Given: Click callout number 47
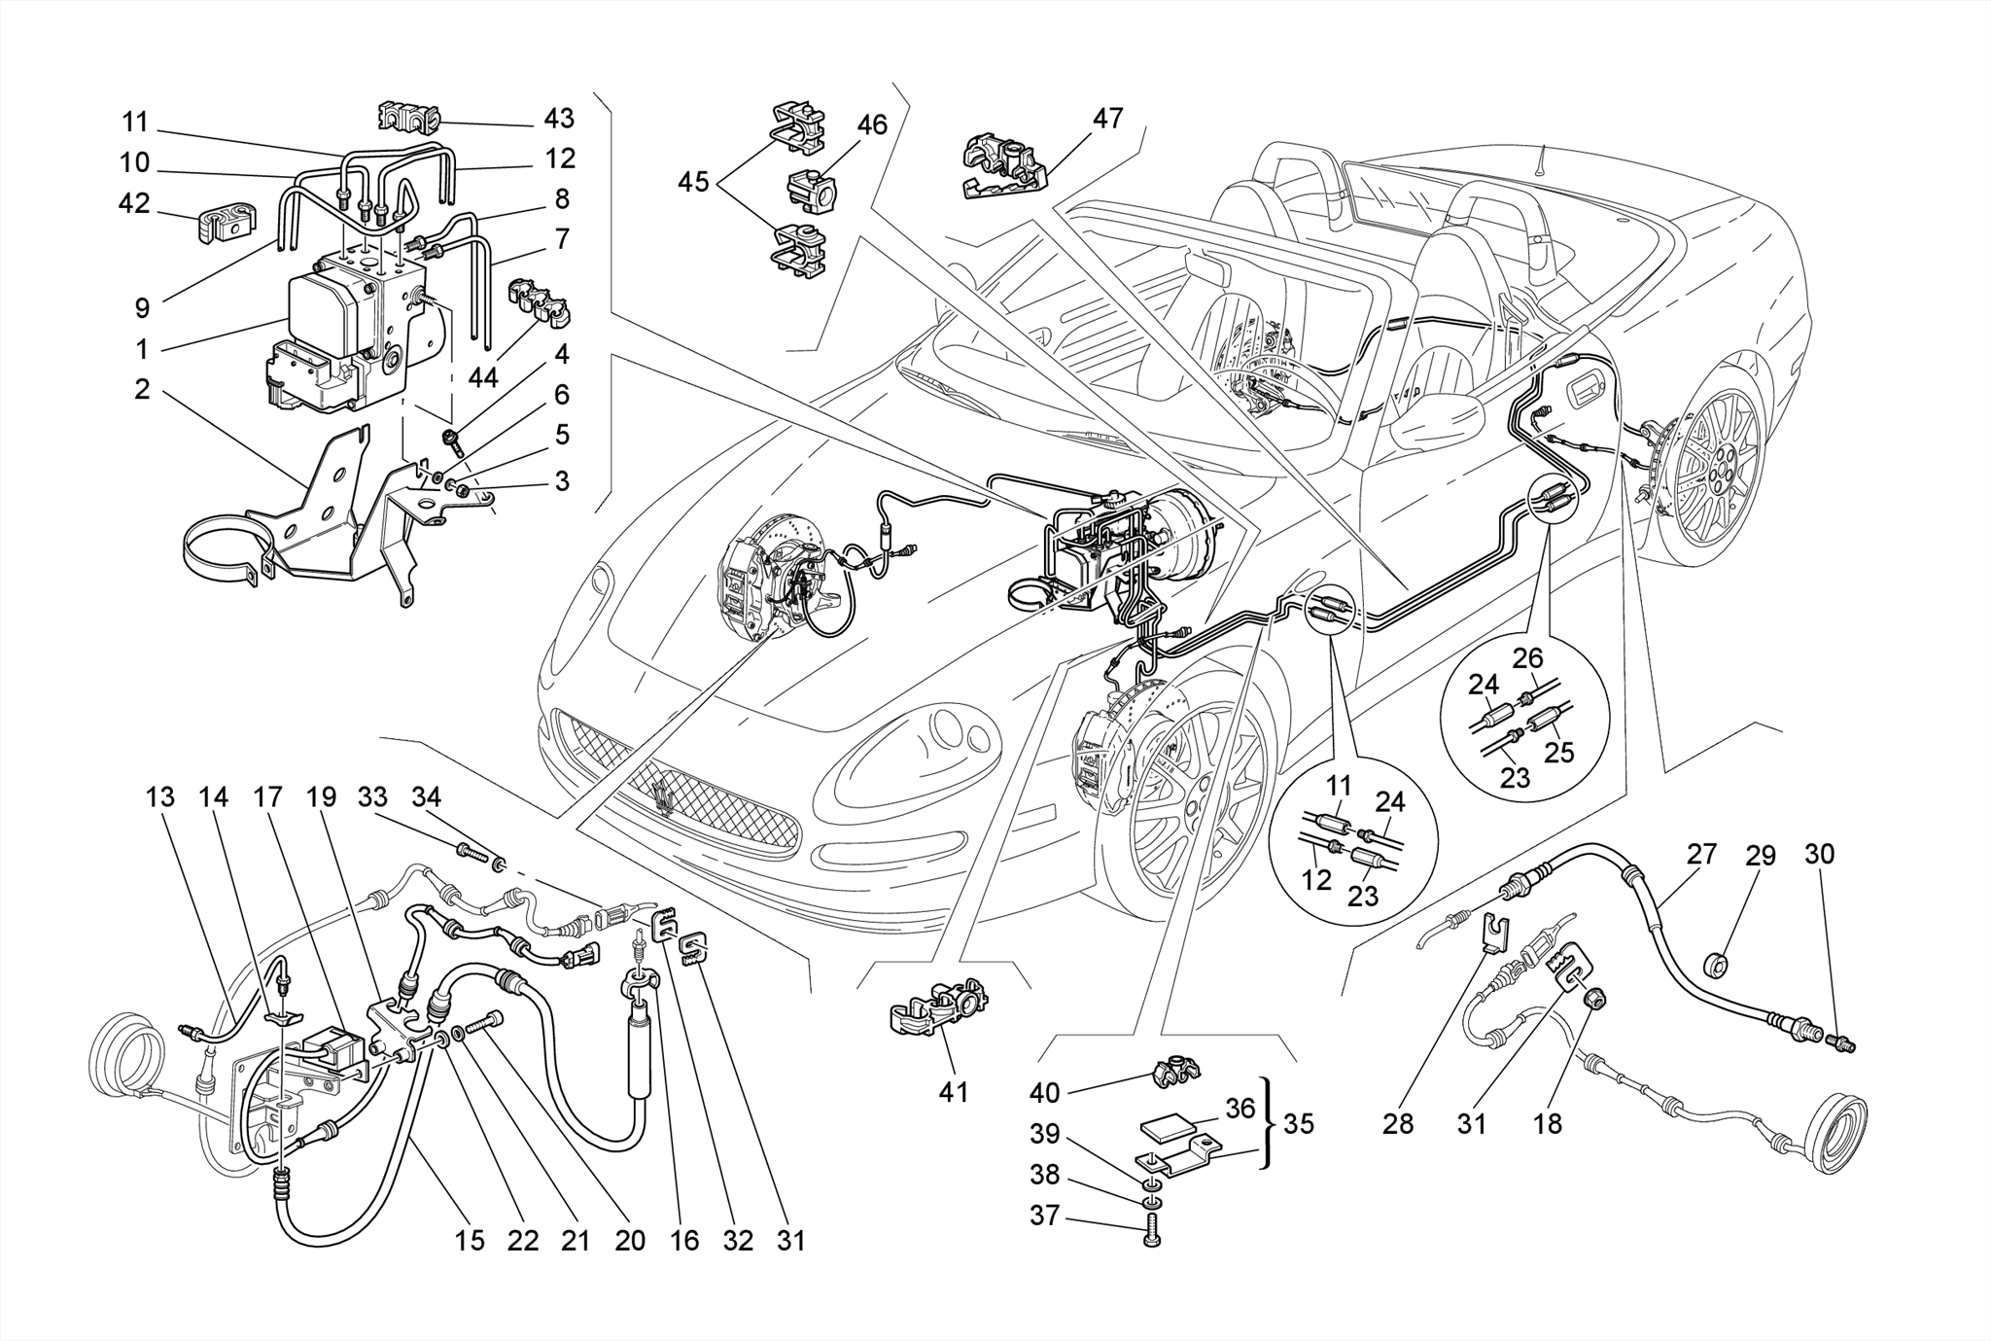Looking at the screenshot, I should point(1107,119).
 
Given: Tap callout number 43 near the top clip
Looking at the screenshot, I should point(559,119).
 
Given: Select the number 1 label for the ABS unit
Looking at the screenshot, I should point(142,348).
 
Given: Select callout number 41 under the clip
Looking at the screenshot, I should point(953,1092).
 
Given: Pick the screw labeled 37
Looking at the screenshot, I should point(1154,1230).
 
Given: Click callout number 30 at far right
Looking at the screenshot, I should point(1819,854).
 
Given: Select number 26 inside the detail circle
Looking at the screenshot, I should point(1527,658).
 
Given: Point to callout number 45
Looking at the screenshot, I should point(693,182).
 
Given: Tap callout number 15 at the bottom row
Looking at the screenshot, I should point(470,1241).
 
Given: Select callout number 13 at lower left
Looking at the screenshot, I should point(160,797).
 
